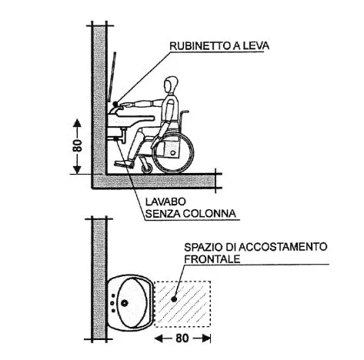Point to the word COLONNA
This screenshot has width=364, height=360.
pos(209,213)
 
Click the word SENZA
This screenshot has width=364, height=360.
pos(162,213)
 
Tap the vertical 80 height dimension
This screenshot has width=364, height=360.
pos(77,146)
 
